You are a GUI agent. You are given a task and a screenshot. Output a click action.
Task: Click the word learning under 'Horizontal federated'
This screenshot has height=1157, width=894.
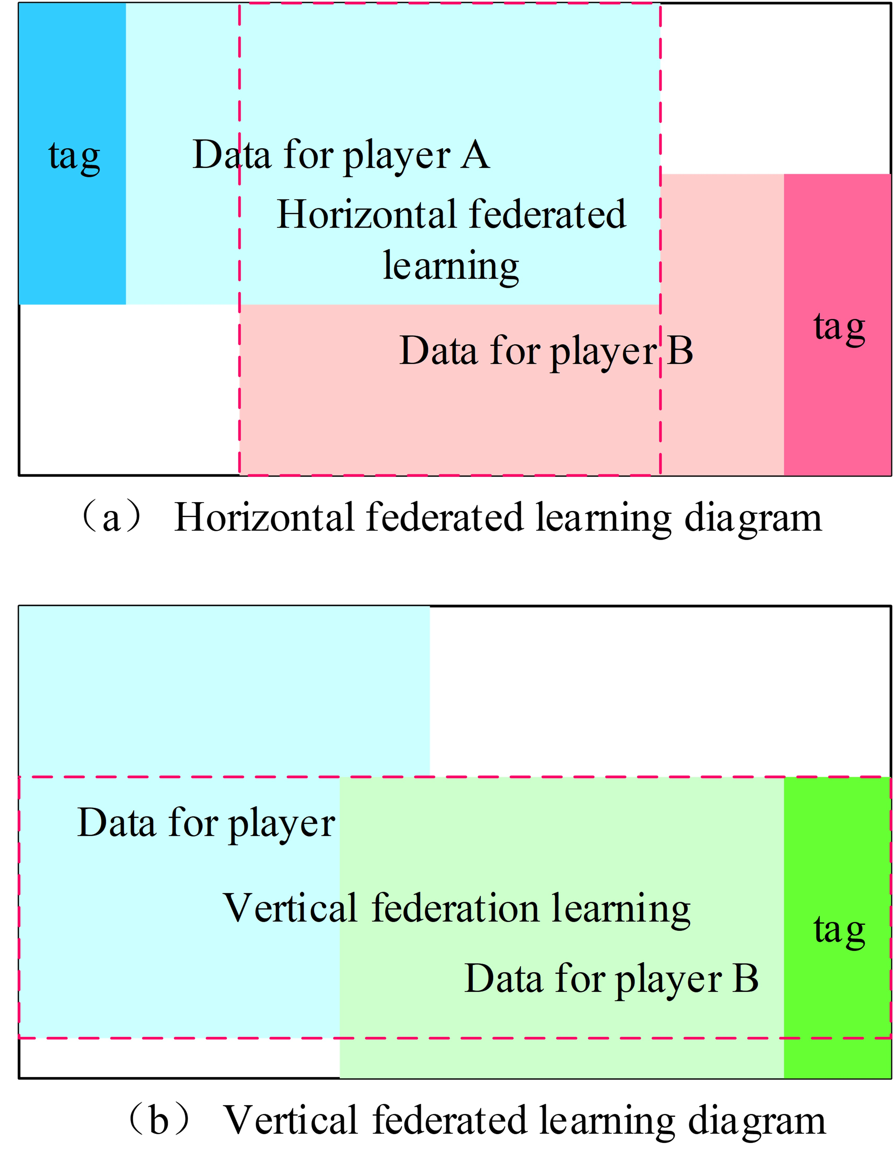(451, 266)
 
